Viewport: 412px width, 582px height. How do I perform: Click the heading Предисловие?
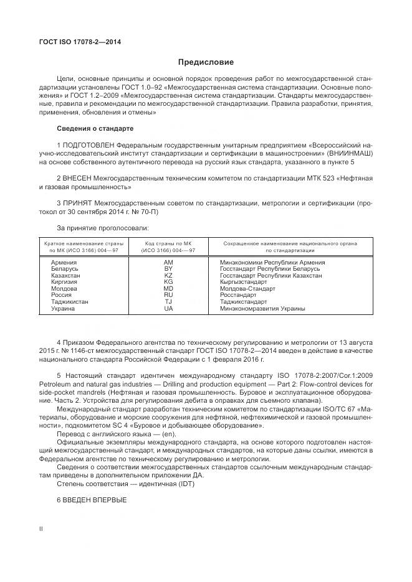[206, 62]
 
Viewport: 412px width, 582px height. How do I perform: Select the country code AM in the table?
[168, 263]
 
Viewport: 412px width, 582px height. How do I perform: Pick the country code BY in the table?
[168, 269]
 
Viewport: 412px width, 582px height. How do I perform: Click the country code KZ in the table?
[168, 275]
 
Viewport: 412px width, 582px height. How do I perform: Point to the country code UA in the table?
[168, 308]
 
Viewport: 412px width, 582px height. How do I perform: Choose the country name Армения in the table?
[64, 263]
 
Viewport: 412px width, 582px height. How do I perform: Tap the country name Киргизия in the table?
[64, 282]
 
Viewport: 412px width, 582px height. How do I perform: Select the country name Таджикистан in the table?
[70, 302]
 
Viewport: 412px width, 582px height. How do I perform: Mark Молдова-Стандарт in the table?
[246, 289]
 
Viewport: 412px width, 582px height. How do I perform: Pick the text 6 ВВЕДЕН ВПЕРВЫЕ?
[92, 500]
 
